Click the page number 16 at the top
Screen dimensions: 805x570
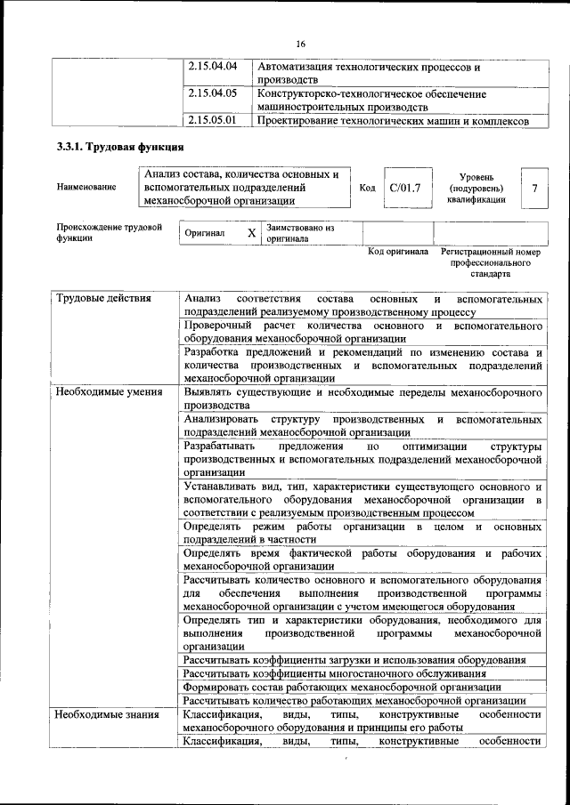[x=300, y=43]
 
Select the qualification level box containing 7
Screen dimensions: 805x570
[x=533, y=188]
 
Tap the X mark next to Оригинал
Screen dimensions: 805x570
[x=251, y=233]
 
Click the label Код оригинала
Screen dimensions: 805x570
[x=398, y=252]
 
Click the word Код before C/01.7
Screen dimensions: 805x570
[x=367, y=188]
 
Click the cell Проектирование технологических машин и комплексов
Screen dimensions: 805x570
[x=393, y=121]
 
